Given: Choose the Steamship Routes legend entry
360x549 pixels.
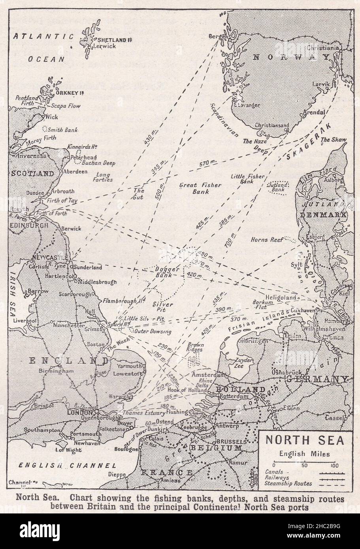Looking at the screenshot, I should point(288,483).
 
